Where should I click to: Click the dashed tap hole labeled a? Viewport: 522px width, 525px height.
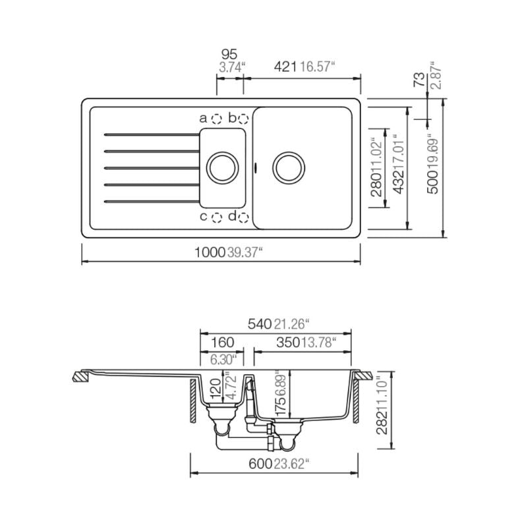pos(217,119)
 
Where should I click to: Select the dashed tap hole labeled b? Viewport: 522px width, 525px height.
pos(243,119)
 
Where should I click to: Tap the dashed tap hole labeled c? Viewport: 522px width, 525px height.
pos(217,218)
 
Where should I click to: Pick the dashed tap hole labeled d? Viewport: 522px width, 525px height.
pos(243,218)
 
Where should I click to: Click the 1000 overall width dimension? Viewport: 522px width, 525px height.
pos(210,252)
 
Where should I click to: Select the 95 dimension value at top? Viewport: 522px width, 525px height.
pos(229,54)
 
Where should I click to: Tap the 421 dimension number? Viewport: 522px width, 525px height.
pos(285,67)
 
